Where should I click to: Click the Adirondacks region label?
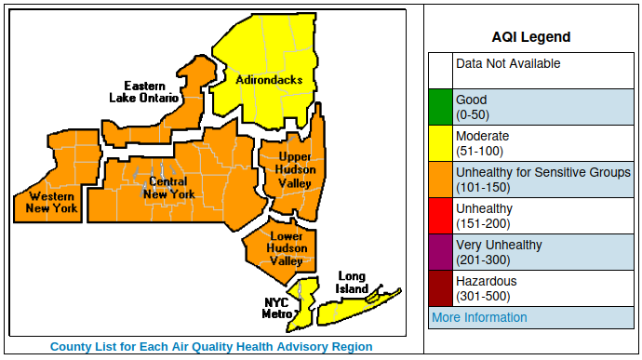[268, 80]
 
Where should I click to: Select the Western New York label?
[52, 202]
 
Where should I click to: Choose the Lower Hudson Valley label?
[286, 248]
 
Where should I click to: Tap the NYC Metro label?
[276, 308]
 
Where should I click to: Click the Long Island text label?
[351, 282]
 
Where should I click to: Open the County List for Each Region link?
[211, 347]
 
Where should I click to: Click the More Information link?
[478, 317]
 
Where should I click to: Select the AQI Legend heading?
[530, 37]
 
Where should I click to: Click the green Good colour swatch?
[440, 107]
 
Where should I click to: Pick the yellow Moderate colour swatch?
[440, 143]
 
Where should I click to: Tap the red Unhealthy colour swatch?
[440, 216]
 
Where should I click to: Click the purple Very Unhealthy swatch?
[440, 252]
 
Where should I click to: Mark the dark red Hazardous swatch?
[440, 288]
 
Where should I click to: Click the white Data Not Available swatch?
[440, 71]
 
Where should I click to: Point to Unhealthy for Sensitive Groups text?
[542, 172]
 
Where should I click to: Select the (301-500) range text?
[481, 296]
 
